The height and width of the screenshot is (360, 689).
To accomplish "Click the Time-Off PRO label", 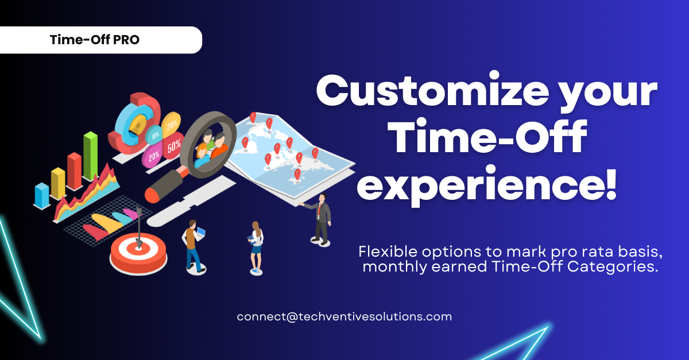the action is [95, 40].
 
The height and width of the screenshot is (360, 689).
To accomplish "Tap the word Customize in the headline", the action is [432, 91].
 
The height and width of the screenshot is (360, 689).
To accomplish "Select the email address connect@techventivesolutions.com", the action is [344, 316].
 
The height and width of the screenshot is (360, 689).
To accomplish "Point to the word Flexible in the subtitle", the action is [388, 251].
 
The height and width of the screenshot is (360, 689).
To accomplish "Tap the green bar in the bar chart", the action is [91, 156].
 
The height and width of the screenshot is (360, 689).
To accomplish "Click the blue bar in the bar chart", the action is [42, 196].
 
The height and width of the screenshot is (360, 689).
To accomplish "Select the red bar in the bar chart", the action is [75, 171].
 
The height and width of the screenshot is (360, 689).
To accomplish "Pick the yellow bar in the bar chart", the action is [58, 183].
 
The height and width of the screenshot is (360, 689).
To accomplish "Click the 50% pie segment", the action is [173, 145].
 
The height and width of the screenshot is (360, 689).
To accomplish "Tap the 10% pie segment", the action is [154, 135].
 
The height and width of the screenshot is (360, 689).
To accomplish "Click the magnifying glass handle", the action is [166, 185].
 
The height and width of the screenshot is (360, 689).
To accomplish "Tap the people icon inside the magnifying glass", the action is [210, 148].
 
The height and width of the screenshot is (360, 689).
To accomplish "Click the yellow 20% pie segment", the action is [171, 124].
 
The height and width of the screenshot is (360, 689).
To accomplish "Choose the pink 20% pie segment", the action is [153, 156].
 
